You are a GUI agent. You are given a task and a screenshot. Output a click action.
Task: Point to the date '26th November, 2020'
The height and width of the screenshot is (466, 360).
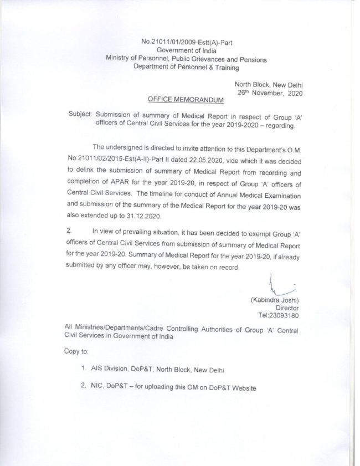(271, 93)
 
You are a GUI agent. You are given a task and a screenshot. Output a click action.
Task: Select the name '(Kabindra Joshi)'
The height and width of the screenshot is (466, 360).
(275, 300)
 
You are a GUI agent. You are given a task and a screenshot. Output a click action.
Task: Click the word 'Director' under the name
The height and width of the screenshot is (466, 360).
(287, 308)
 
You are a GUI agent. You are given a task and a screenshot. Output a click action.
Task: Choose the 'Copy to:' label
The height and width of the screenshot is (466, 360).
(76, 352)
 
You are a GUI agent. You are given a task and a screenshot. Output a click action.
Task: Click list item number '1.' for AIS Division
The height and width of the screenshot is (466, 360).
(83, 368)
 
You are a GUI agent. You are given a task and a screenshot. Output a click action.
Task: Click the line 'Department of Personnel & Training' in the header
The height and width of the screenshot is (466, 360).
(186, 68)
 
